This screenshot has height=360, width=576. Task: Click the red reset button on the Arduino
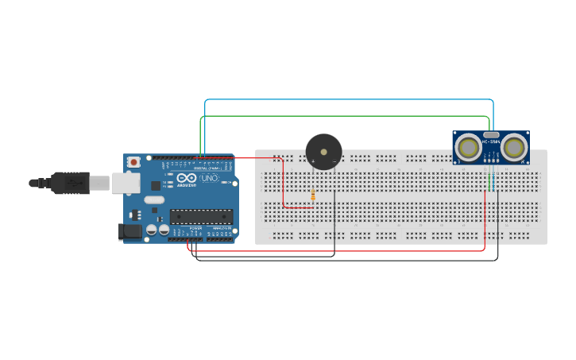point(134,162)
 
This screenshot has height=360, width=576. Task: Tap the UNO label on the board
point(208,180)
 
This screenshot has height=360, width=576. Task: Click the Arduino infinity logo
point(185,180)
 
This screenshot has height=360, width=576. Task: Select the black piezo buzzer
point(323,151)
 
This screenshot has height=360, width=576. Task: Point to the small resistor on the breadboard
point(313,194)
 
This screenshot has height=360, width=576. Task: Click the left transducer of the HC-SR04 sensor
point(469,147)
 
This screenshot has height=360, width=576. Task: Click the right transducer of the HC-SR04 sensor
point(514,147)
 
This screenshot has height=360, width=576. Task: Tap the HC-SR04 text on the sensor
point(491,142)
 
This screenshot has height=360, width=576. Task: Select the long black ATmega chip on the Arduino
point(201,216)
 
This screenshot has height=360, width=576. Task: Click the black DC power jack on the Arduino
point(130,231)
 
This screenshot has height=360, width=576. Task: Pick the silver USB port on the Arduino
point(123,184)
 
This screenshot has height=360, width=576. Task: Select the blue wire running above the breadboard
point(350,100)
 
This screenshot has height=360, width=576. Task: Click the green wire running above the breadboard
point(342,116)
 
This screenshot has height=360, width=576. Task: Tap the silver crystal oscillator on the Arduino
point(154,200)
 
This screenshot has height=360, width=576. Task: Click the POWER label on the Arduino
point(195,228)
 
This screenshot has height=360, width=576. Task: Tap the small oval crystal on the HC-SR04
point(492,135)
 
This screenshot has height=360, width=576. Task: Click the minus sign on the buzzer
point(334,162)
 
